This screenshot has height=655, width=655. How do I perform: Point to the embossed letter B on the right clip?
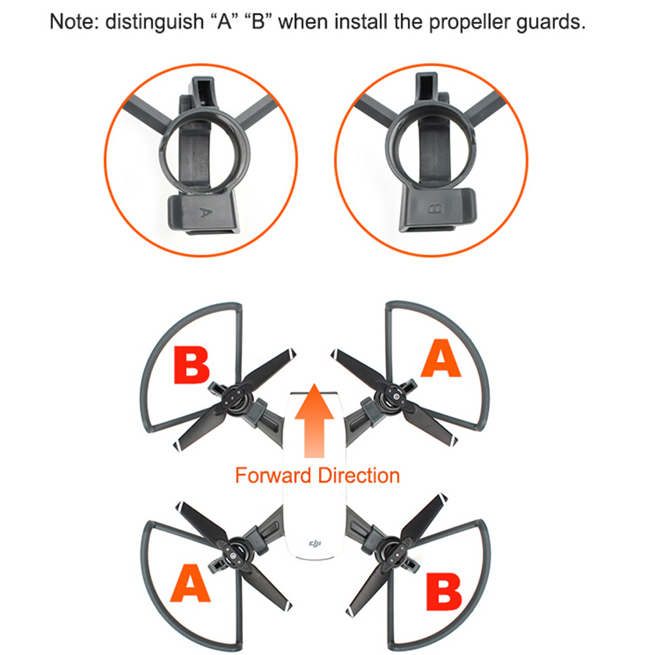(x=435, y=209)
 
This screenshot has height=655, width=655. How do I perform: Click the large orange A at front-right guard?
(x=441, y=358)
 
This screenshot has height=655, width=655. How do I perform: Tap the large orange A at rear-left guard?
(x=190, y=582)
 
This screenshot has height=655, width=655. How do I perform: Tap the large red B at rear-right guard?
(x=444, y=592)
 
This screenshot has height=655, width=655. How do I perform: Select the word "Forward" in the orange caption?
(x=273, y=475)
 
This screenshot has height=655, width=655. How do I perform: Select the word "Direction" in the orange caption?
(x=359, y=475)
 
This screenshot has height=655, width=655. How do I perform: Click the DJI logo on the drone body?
(x=315, y=543)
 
